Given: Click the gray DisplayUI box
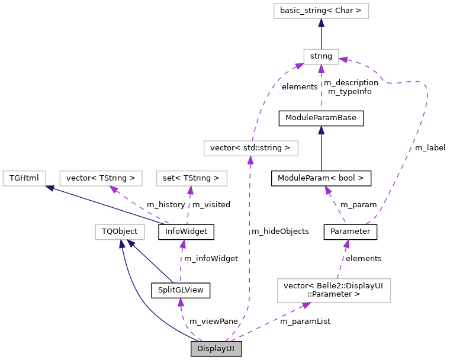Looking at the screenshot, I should pyautogui.click(x=216, y=349).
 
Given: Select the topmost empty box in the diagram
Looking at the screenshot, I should pyautogui.click(x=321, y=11).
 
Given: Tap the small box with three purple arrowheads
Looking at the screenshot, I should pyautogui.click(x=321, y=57).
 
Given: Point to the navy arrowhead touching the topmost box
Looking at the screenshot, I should pyautogui.click(x=321, y=23).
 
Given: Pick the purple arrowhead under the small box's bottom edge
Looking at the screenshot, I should pyautogui.click(x=321, y=69).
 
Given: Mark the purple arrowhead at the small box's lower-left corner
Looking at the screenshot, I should pyautogui.click(x=299, y=66).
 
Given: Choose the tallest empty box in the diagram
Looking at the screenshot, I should pyautogui.click(x=333, y=291).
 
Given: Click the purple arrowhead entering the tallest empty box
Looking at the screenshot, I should pyautogui.click(x=306, y=305).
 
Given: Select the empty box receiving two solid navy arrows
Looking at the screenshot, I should pyautogui.click(x=120, y=232).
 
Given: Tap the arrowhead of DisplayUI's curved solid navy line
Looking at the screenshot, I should pyautogui.click(x=122, y=245).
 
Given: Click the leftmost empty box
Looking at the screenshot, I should pyautogui.click(x=24, y=178).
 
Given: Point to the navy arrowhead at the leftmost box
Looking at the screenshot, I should pyautogui.click(x=50, y=188).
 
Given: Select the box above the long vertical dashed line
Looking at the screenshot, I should pyautogui.click(x=250, y=148).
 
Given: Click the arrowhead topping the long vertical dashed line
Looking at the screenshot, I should pyautogui.click(x=250, y=160).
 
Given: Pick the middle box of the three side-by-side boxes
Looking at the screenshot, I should pyautogui.click(x=101, y=178).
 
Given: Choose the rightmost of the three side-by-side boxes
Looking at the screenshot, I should pyautogui.click(x=191, y=178).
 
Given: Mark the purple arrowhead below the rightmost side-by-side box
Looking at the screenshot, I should pyautogui.click(x=190, y=191).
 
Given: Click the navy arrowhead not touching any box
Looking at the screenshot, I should pyautogui.click(x=321, y=130).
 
